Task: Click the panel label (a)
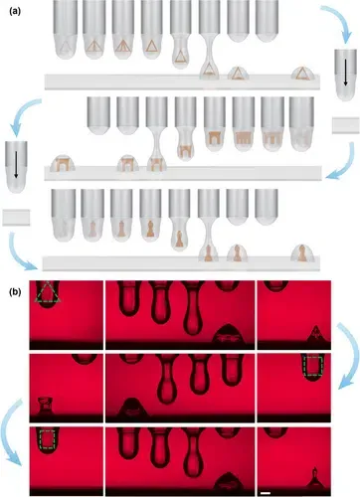[15, 11]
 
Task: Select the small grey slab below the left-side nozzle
[16, 218]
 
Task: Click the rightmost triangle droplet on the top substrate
[302, 74]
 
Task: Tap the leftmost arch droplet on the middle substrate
[63, 163]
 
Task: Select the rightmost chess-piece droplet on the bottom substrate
[302, 252]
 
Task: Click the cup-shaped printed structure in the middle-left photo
[45, 406]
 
